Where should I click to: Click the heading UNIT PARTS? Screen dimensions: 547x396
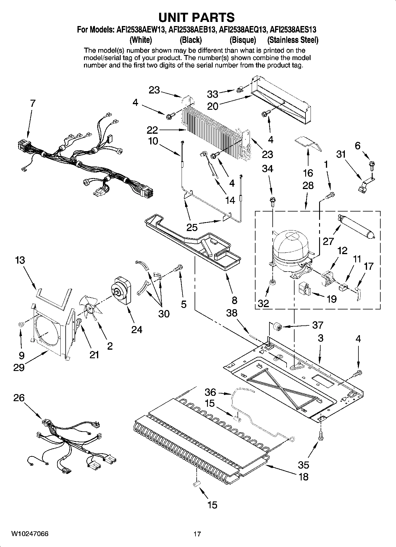pos(196,17)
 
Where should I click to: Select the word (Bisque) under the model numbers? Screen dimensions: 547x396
pos(243,40)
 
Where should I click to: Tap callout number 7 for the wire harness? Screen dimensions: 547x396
pos(33,103)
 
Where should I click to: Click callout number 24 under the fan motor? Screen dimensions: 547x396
pos(137,329)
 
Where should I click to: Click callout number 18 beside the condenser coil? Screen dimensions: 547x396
pos(303,477)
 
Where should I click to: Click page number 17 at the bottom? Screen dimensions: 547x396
pos(197,534)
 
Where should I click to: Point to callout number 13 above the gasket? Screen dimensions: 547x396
pos(20,260)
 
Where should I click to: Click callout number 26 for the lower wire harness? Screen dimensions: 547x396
pos(19,398)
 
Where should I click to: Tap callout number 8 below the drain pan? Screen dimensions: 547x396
pos(234,300)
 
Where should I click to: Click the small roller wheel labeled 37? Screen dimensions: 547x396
pos(277,327)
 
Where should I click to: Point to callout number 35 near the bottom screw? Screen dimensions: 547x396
pos(303,465)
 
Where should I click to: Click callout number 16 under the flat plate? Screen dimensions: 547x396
pos(308,173)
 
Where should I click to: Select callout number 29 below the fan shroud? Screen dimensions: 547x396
pos(19,367)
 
